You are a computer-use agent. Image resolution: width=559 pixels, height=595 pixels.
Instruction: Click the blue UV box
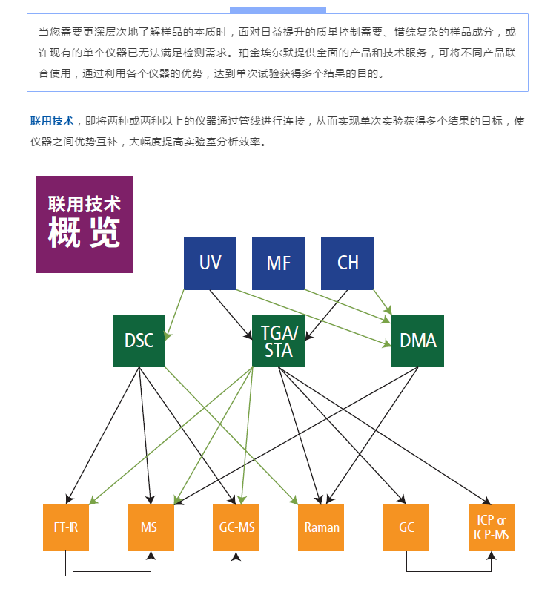(x=210, y=263)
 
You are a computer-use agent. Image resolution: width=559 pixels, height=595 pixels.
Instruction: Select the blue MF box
(x=278, y=263)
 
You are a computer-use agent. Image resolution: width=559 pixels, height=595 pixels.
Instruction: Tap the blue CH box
(x=347, y=263)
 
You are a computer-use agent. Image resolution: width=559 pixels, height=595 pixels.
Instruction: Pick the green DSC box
(x=139, y=341)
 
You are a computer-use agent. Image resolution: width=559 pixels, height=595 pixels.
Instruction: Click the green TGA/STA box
(x=278, y=341)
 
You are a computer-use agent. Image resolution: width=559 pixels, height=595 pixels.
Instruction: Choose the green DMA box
(x=417, y=341)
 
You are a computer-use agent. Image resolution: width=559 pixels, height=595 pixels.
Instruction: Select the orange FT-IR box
(x=66, y=527)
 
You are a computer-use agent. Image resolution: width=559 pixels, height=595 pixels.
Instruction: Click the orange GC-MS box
(x=236, y=527)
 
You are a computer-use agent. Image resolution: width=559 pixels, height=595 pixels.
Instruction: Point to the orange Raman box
(x=322, y=527)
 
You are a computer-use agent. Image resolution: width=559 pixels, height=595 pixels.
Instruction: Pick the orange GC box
(x=406, y=527)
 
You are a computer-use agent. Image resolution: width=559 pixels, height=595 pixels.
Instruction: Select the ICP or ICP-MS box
(x=492, y=527)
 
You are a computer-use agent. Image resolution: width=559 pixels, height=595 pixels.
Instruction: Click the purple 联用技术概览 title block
(x=85, y=224)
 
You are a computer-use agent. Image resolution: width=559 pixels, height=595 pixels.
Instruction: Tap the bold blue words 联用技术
(x=52, y=121)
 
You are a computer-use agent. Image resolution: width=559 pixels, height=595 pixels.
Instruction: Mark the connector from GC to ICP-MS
(x=449, y=571)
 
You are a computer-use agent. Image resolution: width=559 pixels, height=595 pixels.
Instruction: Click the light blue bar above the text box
(x=278, y=10)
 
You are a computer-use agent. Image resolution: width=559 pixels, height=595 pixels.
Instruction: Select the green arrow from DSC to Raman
(x=230, y=434)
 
